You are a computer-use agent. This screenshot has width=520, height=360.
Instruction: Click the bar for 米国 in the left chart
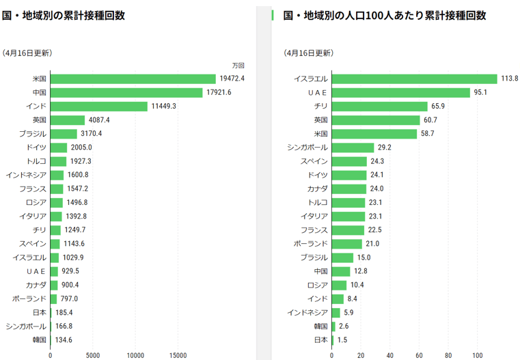133,79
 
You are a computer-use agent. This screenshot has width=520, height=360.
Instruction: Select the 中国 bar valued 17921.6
126,92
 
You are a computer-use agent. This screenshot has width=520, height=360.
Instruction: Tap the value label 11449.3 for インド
164,106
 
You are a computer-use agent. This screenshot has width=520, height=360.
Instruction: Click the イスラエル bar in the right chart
414,79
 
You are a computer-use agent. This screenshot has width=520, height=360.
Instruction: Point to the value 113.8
510,79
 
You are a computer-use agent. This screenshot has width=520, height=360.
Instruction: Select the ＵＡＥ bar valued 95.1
400,92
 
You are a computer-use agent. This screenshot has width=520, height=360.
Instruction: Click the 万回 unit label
238,66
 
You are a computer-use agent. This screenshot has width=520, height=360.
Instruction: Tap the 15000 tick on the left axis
178,355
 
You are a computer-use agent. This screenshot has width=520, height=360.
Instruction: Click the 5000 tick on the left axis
93,355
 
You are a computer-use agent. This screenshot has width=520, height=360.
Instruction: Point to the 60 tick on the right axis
419,355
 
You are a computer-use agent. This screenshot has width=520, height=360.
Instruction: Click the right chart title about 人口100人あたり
384,16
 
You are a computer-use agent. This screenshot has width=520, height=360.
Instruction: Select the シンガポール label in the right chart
307,148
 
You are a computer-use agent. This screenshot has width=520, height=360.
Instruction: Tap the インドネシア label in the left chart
26,175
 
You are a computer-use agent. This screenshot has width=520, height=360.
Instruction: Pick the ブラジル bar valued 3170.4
64,134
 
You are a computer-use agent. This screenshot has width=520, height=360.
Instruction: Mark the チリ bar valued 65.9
379,106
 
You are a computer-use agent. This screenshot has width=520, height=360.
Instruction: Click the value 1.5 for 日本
342,340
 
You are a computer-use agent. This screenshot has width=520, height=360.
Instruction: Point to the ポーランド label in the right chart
310,244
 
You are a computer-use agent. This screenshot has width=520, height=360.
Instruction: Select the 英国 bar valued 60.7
375,120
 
